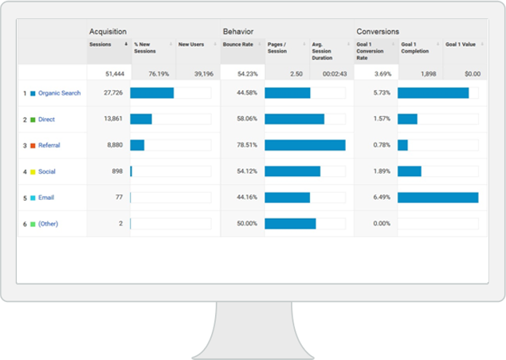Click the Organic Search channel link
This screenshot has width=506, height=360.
[x=60, y=93]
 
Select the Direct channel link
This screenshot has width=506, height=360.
[x=47, y=119]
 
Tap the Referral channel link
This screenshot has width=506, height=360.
[x=49, y=146]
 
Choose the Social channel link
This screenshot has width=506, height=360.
[x=47, y=171]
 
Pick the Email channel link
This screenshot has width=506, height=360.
[x=46, y=198]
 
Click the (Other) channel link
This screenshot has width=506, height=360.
[x=48, y=224]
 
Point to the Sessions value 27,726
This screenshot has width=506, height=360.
[x=113, y=93]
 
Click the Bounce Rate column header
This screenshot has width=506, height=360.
[x=238, y=45]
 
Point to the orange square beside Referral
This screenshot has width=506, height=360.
[x=33, y=146]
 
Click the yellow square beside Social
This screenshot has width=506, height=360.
[x=33, y=172]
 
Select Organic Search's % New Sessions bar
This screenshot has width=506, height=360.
[x=152, y=93]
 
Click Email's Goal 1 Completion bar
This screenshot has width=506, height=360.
[x=437, y=198]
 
